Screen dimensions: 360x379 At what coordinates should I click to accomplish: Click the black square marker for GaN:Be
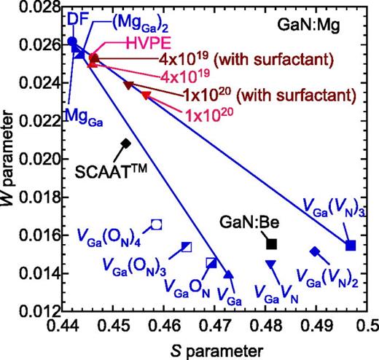272,243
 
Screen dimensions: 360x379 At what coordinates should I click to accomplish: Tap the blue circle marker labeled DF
71,42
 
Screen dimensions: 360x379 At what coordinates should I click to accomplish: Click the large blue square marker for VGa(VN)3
351,245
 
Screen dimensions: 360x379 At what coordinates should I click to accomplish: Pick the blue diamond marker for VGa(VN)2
315,251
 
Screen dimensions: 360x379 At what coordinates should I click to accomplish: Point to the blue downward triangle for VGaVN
270,264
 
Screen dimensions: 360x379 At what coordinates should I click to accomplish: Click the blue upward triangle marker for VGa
229,275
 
